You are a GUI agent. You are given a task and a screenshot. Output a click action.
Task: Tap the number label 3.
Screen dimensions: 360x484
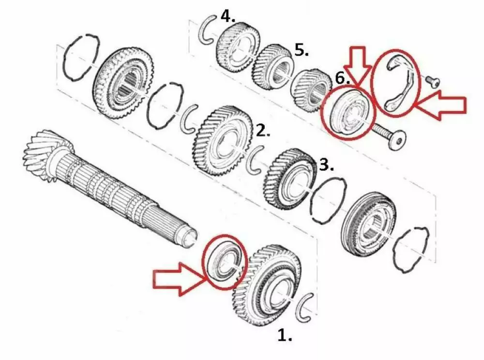326,165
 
